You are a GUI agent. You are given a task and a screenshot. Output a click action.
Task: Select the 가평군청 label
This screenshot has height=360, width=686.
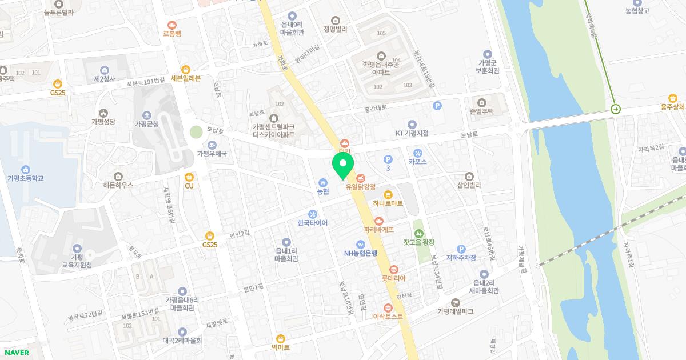[146, 123]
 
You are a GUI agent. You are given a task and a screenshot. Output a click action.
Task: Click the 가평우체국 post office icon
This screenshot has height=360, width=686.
[212, 145]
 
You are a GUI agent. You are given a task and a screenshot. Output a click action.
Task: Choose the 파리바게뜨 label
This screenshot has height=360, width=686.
[379, 229]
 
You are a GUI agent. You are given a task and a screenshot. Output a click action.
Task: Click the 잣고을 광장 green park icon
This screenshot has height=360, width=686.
[419, 233]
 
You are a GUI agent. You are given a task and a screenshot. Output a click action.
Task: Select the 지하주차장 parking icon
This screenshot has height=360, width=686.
[461, 249]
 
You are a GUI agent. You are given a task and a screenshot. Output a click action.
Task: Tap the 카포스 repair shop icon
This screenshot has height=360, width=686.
[417, 153]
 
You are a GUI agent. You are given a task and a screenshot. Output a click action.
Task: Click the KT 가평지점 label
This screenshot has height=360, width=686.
[412, 133]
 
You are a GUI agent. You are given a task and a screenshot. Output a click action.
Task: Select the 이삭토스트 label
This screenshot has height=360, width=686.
[388, 316]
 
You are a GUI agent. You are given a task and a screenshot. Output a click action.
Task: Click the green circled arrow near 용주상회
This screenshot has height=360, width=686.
[616, 109]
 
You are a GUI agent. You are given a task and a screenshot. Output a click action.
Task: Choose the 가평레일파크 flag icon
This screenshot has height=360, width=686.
[455, 302]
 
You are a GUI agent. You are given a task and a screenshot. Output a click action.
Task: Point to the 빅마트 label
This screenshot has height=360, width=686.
[280, 347]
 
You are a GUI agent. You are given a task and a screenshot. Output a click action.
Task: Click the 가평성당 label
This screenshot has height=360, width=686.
[103, 122]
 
